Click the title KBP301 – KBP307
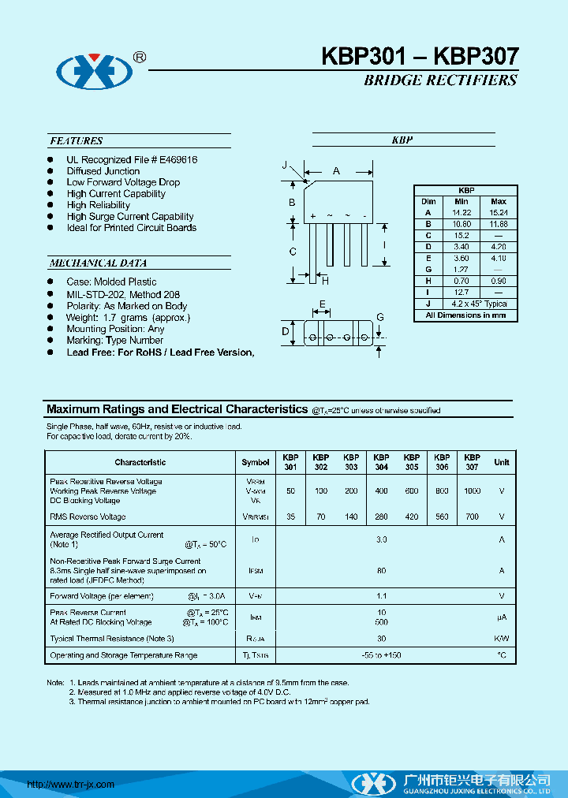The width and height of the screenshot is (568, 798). click(x=420, y=56)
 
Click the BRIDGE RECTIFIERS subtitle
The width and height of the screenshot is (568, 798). click(x=440, y=80)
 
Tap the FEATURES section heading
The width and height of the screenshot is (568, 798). click(x=77, y=141)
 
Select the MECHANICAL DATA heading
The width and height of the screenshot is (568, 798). click(x=98, y=263)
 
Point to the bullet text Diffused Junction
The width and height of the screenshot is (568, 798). click(x=103, y=171)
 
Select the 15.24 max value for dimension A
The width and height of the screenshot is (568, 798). click(x=499, y=213)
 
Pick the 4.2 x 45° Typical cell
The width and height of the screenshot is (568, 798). click(x=479, y=304)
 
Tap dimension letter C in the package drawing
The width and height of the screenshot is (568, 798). click(x=293, y=252)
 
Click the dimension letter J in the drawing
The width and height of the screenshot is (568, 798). click(x=284, y=165)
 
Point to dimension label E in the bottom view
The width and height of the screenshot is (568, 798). click(x=323, y=305)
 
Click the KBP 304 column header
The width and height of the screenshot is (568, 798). click(x=381, y=462)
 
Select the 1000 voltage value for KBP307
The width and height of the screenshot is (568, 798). click(x=472, y=491)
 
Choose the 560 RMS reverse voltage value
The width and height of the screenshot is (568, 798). click(x=442, y=517)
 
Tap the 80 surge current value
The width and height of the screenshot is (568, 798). click(x=382, y=570)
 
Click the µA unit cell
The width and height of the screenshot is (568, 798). click(x=501, y=617)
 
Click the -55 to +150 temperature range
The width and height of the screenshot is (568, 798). click(x=382, y=655)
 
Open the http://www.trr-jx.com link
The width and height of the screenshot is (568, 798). click(x=71, y=784)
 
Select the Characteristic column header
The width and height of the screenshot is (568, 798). click(x=140, y=462)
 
